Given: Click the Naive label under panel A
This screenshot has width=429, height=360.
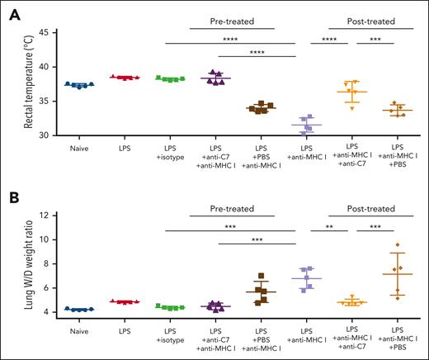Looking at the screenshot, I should [80, 150].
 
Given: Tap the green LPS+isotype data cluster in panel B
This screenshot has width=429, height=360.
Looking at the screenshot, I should [172, 307].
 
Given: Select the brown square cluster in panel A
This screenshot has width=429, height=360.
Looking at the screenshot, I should [262, 107].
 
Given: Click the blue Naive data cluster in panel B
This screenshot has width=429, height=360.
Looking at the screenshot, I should [80, 309].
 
